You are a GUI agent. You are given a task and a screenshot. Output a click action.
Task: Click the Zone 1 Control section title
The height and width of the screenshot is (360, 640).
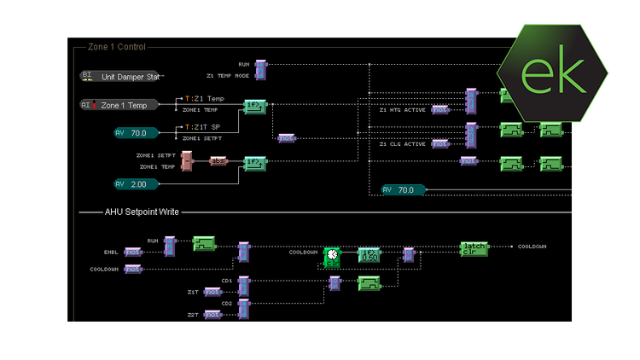117,47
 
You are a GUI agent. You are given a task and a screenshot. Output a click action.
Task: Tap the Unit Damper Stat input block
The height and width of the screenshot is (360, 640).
119,76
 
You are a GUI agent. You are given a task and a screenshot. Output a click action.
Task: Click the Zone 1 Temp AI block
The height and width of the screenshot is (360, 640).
119,105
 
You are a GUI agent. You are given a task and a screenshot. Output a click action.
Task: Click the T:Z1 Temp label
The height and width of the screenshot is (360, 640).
204,99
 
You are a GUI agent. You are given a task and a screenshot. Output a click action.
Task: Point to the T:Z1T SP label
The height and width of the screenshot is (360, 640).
203,127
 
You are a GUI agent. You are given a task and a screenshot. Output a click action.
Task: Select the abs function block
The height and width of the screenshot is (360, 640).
218,160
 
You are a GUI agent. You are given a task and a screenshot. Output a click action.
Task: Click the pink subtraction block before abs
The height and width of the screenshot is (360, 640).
187,160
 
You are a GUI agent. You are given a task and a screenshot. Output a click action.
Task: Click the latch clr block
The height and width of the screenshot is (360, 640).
474,247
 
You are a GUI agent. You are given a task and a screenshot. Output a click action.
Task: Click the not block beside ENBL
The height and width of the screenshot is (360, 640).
133,252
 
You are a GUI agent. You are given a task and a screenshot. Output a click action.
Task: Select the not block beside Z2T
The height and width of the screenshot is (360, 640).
212,314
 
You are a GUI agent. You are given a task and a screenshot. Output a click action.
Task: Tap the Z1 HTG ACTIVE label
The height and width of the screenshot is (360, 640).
402,109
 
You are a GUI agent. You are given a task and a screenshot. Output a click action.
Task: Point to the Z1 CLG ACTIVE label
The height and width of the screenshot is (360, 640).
402,144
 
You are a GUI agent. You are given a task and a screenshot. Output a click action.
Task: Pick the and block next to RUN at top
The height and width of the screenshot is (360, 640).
261,69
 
